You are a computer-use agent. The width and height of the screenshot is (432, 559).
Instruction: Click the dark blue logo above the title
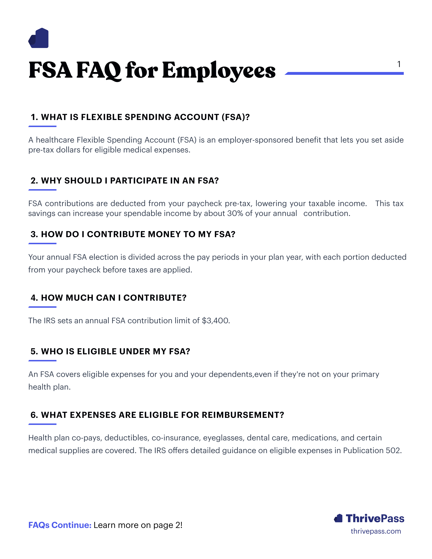click(38, 38)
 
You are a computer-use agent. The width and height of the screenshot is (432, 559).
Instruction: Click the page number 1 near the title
click(399, 64)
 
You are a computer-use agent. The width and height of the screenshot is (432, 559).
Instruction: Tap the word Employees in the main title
click(219, 70)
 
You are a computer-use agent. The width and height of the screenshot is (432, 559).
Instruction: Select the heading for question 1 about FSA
click(140, 117)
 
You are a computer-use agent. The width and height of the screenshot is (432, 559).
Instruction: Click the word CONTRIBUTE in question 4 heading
click(155, 298)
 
